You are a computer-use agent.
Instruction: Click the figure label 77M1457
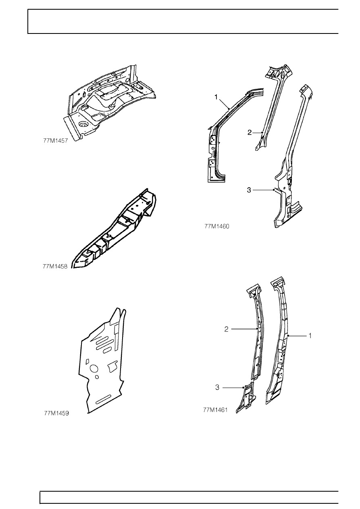click(x=55, y=141)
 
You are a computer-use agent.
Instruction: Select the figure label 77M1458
click(x=55, y=266)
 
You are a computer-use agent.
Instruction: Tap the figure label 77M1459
click(x=56, y=413)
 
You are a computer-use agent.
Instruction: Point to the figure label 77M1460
click(x=217, y=226)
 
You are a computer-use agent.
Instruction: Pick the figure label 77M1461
click(x=215, y=410)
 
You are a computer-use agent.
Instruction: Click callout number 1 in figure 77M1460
click(x=216, y=97)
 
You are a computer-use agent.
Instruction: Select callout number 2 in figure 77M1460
click(x=250, y=132)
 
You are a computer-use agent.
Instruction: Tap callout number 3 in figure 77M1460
click(x=249, y=190)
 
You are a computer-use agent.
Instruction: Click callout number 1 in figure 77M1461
click(x=310, y=336)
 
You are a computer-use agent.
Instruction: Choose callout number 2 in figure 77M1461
click(x=226, y=329)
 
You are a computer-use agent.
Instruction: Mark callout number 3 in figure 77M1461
click(x=217, y=388)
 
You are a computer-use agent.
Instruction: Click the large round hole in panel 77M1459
click(x=94, y=368)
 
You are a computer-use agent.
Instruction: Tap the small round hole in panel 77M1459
click(x=97, y=377)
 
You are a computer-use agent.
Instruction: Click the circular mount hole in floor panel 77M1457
click(x=82, y=124)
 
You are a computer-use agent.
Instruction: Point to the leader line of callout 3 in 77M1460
click(x=264, y=190)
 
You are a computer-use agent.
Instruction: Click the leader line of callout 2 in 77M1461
click(x=244, y=329)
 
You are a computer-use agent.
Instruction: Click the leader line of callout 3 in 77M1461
click(x=233, y=388)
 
